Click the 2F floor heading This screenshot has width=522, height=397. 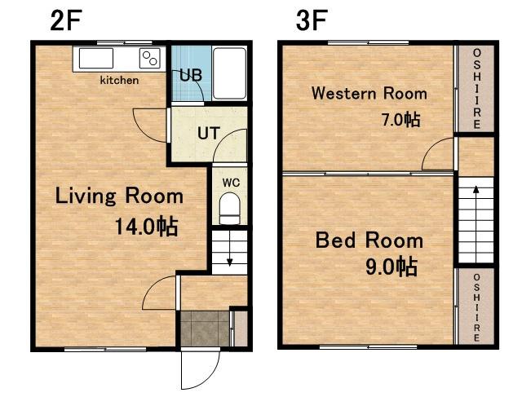tap(66, 20)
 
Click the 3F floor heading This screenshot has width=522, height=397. tap(312, 20)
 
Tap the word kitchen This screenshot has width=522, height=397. tap(119, 80)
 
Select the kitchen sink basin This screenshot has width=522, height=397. tap(96, 58)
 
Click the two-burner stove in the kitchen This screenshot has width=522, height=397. tap(149, 58)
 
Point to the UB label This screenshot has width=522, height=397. tap(191, 76)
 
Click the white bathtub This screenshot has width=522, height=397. tap(229, 73)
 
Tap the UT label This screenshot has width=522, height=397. tap(209, 133)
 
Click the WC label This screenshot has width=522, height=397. tap(231, 183)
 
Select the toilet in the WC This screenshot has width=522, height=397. tap(230, 209)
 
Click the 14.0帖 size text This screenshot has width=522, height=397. tap(146, 227)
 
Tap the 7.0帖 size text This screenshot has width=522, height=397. tap(400, 120)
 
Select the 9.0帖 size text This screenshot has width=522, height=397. tap(391, 267)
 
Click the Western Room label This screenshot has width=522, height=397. tap(369, 93)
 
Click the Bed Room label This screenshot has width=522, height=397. tap(369, 240)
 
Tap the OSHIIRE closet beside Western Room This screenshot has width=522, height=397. tap(476, 89)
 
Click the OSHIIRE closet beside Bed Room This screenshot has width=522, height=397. tap(476, 307)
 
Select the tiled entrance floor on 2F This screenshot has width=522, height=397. tap(205, 329)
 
